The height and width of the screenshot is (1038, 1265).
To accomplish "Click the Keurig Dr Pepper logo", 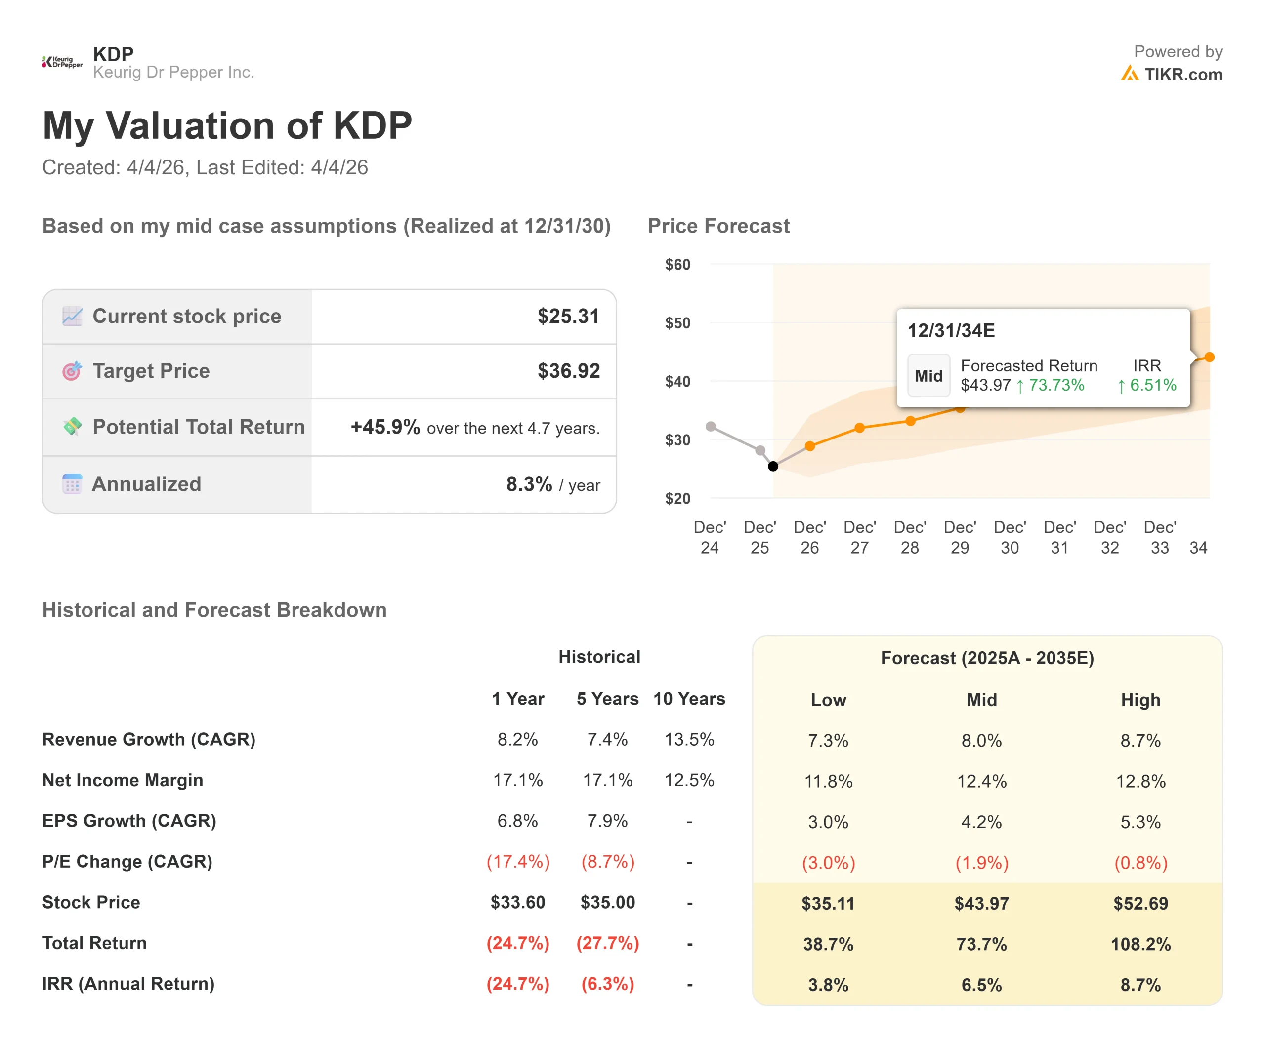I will coord(62,62).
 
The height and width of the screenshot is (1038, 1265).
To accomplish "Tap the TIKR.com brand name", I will coord(1182,75).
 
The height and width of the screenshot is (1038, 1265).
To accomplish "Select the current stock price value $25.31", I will coord(568,317).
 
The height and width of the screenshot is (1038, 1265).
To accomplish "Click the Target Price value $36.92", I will coord(568,371).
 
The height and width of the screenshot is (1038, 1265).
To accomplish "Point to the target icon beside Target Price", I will coord(72,371).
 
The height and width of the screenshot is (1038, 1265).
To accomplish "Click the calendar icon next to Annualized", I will coord(72,484).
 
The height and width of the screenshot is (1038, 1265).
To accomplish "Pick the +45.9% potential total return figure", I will coord(385,427).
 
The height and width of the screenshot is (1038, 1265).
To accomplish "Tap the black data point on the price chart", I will coord(773,466).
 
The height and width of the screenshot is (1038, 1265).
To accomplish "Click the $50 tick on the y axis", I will coord(677,323).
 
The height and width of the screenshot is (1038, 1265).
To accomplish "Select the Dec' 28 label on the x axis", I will coord(910,537).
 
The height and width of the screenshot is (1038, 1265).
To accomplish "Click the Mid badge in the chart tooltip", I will coord(928,375).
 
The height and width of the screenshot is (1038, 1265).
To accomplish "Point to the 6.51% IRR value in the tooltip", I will coord(1152,385).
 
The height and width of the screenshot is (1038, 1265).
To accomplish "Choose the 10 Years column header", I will coord(689,699).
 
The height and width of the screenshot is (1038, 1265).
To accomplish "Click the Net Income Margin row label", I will coord(123,780).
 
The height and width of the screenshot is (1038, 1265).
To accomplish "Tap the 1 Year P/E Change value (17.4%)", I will coord(517,862).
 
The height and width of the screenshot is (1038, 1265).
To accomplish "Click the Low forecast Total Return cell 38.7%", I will coord(828,944).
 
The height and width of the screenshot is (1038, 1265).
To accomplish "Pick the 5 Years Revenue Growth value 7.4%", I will coord(607,740).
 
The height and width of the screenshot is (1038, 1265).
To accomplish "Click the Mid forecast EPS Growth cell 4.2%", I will coord(981,822).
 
